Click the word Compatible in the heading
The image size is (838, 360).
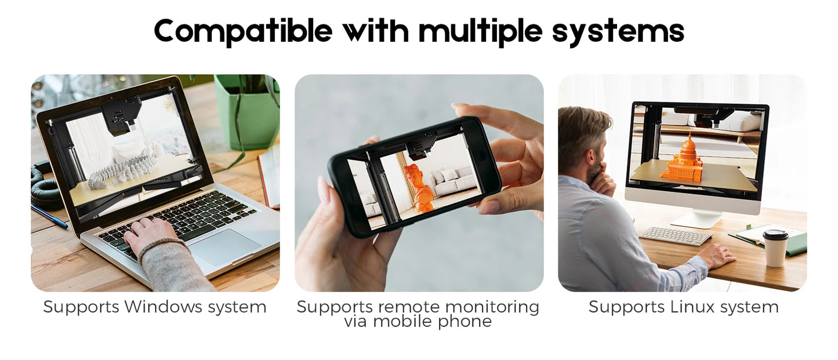pos(243,31)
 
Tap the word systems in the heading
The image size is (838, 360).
pos(618,31)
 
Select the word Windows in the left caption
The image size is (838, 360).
pos(164,307)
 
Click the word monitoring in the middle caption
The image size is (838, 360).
pos(492,307)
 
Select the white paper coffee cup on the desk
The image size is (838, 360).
pos(775,248)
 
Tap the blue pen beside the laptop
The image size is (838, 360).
pos(49,216)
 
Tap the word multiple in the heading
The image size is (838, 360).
pos(481,31)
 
